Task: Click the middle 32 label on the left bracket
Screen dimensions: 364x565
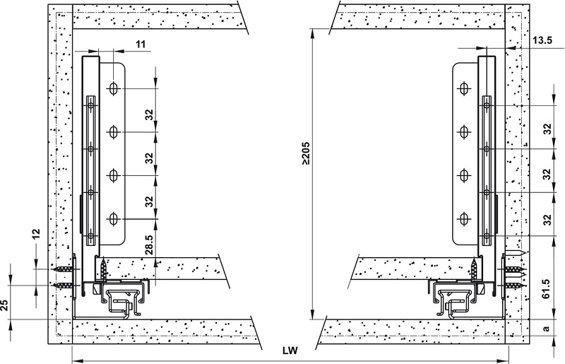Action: click(150, 157)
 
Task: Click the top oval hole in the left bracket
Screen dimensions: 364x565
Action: click(113, 89)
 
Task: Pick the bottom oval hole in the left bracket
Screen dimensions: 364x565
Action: click(113, 220)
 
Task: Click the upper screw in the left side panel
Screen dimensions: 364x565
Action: click(64, 269)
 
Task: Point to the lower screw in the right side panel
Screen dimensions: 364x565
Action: click(513, 286)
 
